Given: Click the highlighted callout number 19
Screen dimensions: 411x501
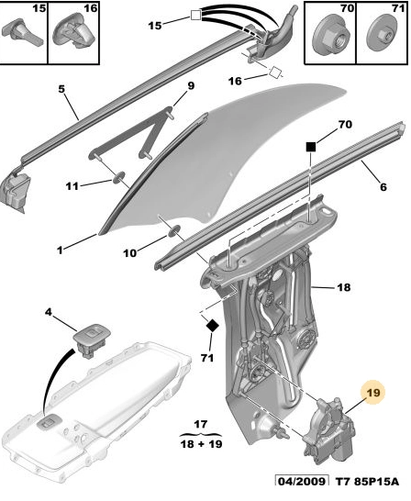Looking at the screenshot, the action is click(373, 393).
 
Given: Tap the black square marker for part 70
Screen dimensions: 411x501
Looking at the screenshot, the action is click(311, 147).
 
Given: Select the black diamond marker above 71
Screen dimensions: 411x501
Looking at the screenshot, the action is click(212, 326).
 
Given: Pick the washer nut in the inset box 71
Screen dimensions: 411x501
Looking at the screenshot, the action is click(382, 35).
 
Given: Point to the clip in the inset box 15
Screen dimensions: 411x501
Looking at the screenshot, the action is click(22, 33).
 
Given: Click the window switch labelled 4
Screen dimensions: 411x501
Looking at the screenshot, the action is click(92, 340).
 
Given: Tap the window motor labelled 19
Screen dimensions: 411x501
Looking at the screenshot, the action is click(329, 429).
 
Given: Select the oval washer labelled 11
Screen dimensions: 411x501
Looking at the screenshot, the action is click(117, 177).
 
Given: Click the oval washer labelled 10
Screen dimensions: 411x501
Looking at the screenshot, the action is click(173, 230).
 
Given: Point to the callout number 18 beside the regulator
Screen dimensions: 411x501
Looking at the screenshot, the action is click(344, 287).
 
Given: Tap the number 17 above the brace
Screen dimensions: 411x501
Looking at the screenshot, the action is click(200, 424).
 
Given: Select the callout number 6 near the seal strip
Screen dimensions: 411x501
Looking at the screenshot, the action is click(383, 186).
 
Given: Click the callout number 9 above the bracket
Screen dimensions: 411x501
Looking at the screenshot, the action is click(191, 86).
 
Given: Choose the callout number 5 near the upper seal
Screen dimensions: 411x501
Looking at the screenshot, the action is click(61, 89).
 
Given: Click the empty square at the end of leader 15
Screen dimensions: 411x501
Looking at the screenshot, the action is click(195, 15).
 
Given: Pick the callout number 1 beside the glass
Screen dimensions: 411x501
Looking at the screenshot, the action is click(60, 250).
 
